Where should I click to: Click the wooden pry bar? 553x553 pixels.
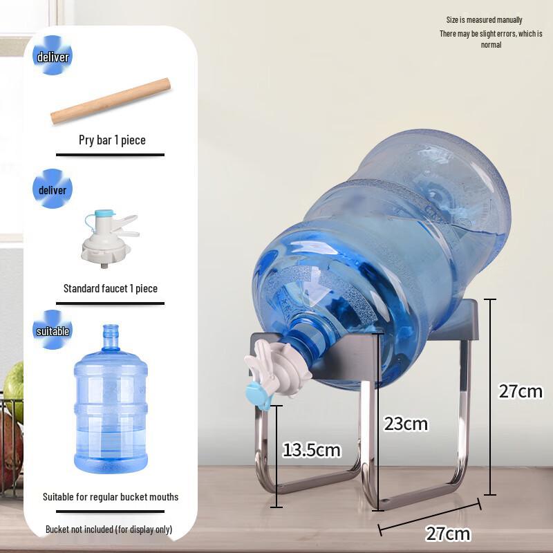(111, 101)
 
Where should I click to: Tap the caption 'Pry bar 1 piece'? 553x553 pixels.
(112, 140)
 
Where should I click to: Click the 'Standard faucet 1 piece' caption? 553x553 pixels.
(111, 288)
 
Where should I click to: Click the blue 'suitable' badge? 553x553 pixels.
(53, 331)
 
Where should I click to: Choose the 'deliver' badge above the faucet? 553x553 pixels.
(53, 190)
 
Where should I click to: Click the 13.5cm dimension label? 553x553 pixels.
(312, 450)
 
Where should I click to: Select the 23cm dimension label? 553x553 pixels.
(406, 423)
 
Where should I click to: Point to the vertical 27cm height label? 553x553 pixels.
(521, 391)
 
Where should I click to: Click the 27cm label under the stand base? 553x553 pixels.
(448, 534)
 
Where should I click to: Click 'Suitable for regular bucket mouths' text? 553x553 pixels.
(111, 496)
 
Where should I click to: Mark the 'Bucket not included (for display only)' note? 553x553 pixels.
(109, 529)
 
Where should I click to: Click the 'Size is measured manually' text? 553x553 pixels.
(485, 20)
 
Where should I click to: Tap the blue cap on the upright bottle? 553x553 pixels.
(111, 330)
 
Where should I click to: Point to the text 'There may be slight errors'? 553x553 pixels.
(491, 34)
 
